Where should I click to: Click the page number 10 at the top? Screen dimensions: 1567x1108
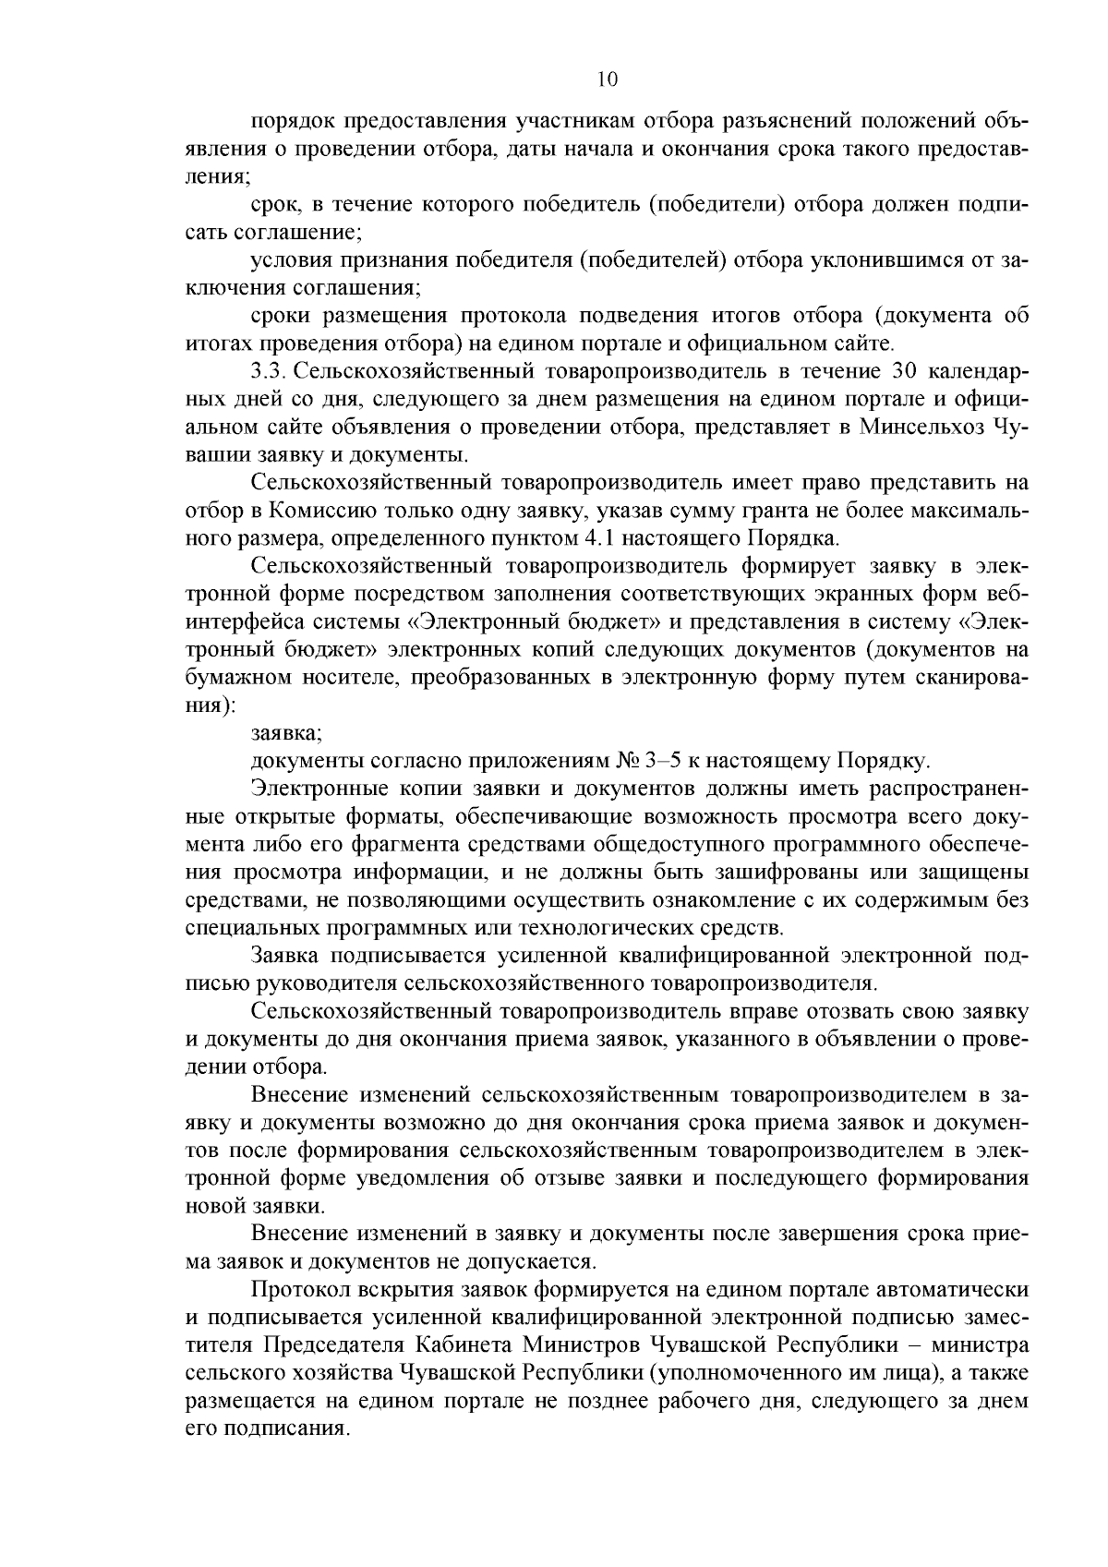(x=607, y=79)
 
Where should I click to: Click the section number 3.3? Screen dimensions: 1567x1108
(x=269, y=372)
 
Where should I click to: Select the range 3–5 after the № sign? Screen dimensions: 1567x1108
(x=659, y=763)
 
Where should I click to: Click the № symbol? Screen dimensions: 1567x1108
(x=627, y=763)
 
